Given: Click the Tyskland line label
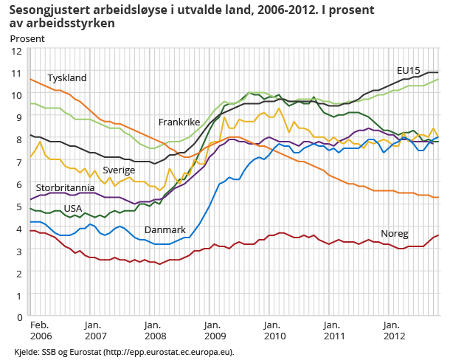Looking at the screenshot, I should pos(67,78).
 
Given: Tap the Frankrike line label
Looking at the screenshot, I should pos(179,121).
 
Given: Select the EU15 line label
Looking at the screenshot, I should pos(408,70).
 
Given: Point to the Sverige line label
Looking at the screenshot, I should pos(118,170).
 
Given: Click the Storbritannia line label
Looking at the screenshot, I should pos(64,188).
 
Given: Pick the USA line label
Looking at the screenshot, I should pos(72,209).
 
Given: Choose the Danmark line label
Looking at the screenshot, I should pos(165,230).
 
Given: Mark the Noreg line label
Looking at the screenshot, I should pos(395,234).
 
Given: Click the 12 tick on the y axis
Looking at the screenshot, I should pos(15,51).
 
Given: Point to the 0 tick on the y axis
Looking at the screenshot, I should pos(18,317).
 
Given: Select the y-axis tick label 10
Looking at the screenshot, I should pos(15,95).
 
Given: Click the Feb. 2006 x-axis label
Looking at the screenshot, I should pos(39,330).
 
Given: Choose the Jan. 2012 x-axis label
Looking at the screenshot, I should pos(392,330).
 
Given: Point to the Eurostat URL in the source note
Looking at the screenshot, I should pos(170,352).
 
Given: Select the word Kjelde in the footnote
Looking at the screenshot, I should pos(27,352).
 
